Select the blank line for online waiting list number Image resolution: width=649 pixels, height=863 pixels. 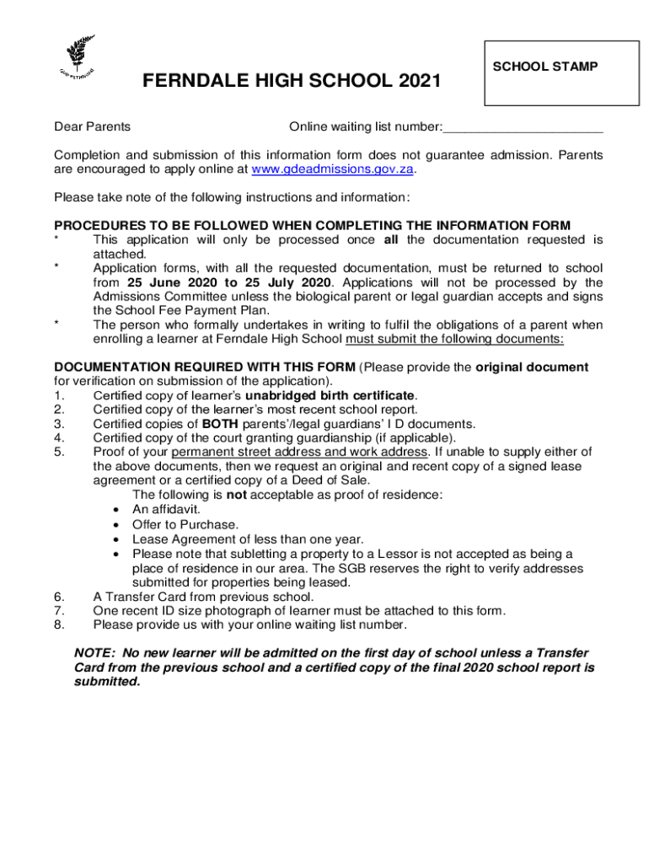click(x=523, y=127)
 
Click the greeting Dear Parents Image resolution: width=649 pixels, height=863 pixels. click(x=93, y=127)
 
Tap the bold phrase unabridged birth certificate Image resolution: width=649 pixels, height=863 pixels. click(x=330, y=395)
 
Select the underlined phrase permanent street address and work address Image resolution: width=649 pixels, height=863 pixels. click(x=299, y=453)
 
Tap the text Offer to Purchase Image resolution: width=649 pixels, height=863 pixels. click(x=185, y=525)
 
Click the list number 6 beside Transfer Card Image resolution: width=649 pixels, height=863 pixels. click(x=58, y=597)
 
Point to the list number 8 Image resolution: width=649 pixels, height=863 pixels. click(x=58, y=625)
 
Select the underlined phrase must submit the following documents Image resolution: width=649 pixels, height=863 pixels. click(x=454, y=339)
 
